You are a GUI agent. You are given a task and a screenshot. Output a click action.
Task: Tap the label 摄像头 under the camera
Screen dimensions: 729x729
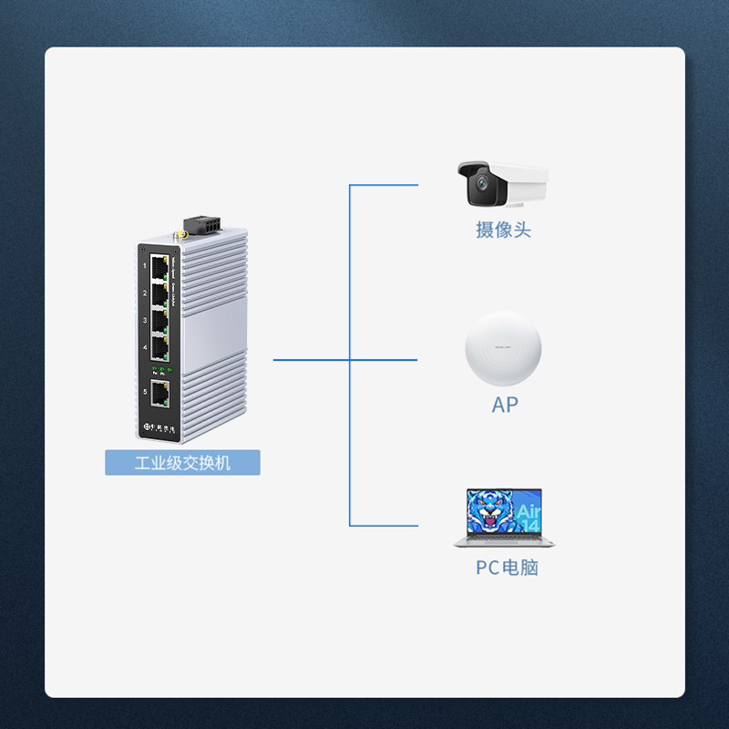[503, 230]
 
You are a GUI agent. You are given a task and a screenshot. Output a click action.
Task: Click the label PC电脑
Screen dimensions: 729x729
[507, 568]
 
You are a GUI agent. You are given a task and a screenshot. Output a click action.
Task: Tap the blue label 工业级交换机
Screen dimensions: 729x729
[182, 463]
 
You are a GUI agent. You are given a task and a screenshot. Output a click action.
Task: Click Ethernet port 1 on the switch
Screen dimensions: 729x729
[160, 266]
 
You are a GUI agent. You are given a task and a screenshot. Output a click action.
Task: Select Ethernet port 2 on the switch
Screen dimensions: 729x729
[160, 293]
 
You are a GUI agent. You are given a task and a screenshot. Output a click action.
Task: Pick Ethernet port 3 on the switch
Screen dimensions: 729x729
[160, 321]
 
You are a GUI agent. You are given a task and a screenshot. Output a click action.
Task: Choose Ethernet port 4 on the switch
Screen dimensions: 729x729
[160, 347]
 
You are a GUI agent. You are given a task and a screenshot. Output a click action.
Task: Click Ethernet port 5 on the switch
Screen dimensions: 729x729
[160, 394]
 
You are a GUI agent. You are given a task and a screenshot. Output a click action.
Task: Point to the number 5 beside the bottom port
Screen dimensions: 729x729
[145, 393]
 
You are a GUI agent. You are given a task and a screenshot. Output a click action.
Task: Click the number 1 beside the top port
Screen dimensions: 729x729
[145, 265]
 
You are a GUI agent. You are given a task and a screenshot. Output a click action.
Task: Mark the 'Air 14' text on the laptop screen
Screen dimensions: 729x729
[528, 518]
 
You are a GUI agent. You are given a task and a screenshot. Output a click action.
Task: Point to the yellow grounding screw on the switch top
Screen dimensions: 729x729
[181, 235]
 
